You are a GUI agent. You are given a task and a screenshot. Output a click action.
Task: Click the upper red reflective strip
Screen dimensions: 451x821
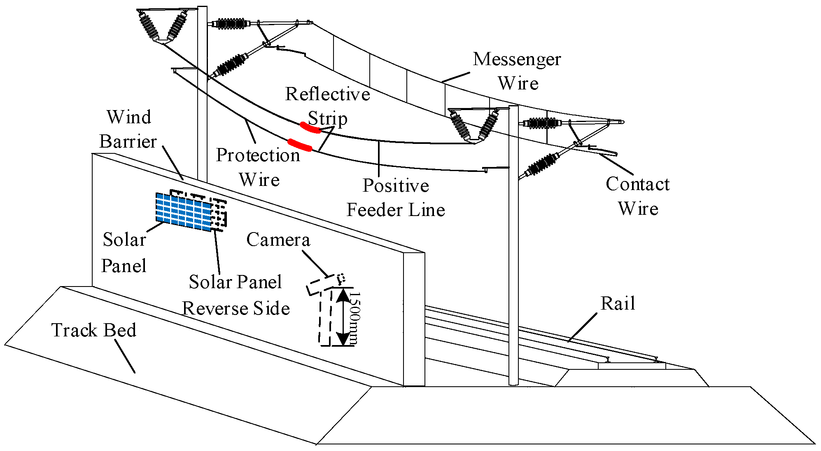(310, 128)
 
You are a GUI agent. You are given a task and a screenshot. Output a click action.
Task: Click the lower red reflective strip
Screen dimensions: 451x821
(299, 145)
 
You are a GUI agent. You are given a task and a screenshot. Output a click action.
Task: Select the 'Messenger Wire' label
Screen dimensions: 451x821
(518, 71)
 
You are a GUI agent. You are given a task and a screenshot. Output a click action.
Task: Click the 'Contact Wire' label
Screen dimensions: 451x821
(638, 196)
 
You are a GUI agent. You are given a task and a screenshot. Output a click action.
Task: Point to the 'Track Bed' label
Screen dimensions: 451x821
(93, 330)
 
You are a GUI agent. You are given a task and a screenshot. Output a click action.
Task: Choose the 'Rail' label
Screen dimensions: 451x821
(618, 303)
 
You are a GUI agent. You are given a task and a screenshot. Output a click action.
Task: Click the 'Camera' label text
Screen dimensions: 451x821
(278, 240)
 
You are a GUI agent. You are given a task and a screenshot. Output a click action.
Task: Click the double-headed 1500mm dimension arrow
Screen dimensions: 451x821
(343, 317)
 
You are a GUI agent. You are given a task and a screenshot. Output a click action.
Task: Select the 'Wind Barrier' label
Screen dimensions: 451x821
(128, 129)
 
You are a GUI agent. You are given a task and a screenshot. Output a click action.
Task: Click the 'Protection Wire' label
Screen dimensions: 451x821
(259, 167)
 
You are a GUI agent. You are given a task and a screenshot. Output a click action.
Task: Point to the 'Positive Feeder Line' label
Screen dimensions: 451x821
(396, 197)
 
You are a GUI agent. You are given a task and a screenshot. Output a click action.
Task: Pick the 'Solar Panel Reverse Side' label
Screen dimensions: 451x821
(236, 295)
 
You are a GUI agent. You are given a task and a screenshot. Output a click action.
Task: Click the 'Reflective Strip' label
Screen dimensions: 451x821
(327, 106)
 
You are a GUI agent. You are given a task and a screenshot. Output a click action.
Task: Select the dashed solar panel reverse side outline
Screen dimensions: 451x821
(219, 213)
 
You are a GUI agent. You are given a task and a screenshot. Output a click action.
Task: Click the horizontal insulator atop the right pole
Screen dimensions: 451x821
(542, 123)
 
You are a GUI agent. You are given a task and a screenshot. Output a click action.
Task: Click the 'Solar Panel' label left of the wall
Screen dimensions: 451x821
(124, 252)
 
